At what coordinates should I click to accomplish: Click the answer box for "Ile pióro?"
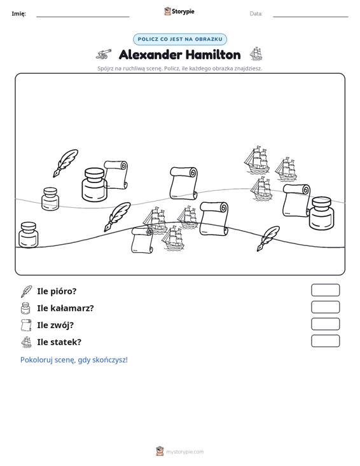click(x=325, y=290)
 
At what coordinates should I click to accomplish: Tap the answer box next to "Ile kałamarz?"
click(x=325, y=307)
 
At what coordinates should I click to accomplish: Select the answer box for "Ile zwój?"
click(x=325, y=324)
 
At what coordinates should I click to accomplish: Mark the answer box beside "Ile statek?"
click(x=325, y=341)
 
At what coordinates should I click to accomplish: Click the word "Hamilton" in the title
click(x=213, y=55)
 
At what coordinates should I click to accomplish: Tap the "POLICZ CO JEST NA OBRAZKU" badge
click(x=180, y=39)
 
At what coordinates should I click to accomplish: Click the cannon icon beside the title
click(x=104, y=54)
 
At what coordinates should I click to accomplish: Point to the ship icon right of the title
click(x=256, y=54)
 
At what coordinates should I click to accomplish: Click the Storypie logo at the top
click(x=179, y=11)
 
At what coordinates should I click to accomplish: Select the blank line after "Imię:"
click(x=83, y=17)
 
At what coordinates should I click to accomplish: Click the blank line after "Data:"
click(x=310, y=17)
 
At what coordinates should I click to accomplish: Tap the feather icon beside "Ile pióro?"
click(x=26, y=291)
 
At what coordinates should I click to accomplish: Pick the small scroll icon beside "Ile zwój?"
click(x=26, y=325)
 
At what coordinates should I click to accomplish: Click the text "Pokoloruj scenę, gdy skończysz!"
click(x=74, y=360)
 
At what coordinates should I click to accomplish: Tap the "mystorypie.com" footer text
click(x=184, y=452)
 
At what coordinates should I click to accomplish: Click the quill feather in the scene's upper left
click(x=66, y=163)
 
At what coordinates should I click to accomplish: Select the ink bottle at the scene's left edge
click(x=29, y=235)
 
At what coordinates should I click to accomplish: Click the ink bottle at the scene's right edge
click(x=321, y=213)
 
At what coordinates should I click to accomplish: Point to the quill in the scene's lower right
click(x=268, y=238)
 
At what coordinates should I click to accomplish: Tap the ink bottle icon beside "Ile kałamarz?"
click(x=25, y=308)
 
